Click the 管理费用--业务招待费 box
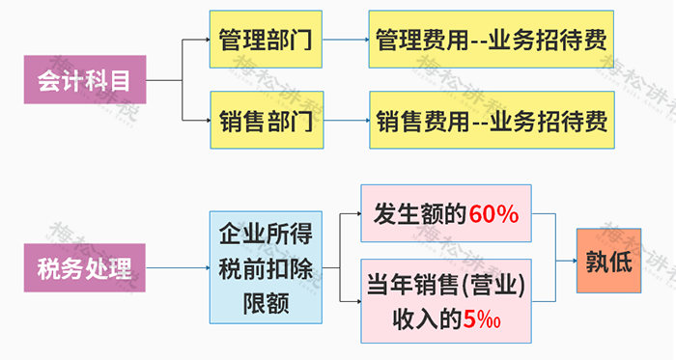click(491, 40)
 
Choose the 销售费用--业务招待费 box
click(491, 122)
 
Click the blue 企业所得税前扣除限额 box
click(266, 263)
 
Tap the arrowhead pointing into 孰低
click(572, 262)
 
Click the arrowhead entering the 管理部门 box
click(206, 40)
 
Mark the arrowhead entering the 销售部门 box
click(206, 122)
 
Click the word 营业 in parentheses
click(498, 287)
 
